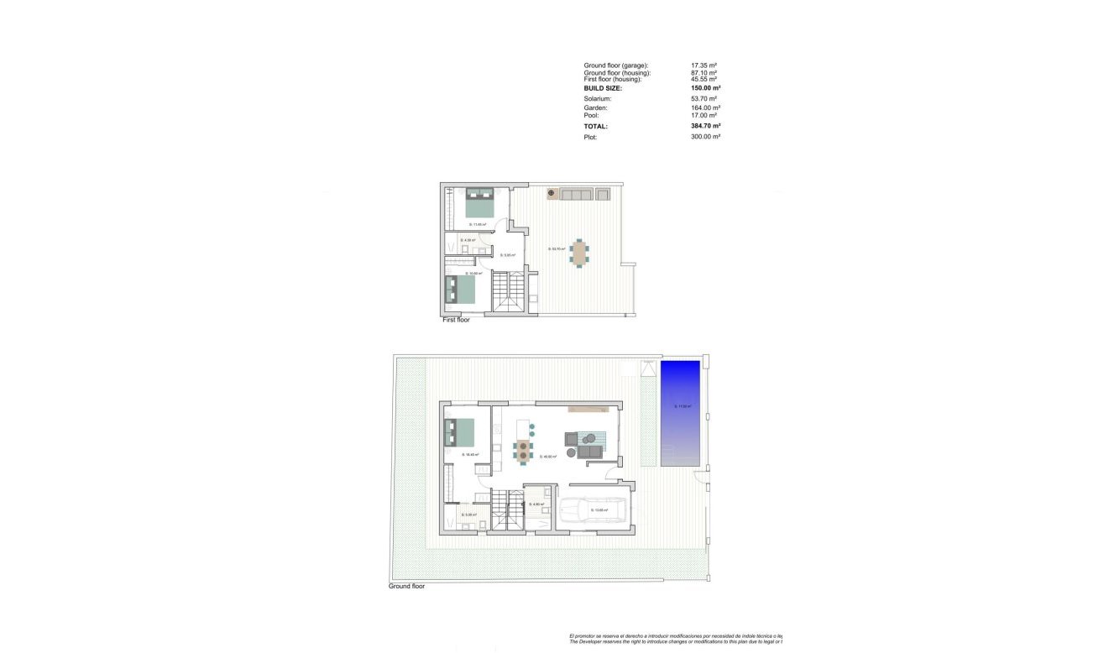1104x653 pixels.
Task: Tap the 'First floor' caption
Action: tap(456, 320)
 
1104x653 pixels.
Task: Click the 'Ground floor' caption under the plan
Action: tap(406, 586)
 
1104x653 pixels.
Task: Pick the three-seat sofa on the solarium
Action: tap(576, 195)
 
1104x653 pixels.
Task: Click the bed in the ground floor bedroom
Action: tap(460, 432)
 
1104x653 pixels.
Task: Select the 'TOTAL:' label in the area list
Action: tap(595, 127)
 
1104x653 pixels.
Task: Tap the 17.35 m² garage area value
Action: tap(704, 65)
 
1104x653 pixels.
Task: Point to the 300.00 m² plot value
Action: tap(705, 137)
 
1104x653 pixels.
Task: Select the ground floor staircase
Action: tap(505, 510)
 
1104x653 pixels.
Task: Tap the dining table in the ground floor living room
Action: tap(523, 450)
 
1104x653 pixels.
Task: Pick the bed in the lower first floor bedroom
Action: tap(459, 290)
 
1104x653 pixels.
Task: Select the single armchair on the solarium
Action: tap(602, 195)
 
